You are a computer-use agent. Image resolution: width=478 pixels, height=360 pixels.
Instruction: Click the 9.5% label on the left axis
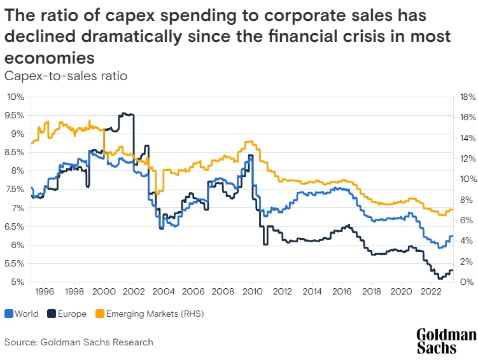[x=15, y=115]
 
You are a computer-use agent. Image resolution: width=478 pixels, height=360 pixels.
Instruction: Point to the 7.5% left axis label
[x=15, y=190]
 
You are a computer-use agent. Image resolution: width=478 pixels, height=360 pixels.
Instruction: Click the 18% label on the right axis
[x=464, y=97]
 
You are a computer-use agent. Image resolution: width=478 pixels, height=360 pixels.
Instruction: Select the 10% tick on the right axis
[x=464, y=179]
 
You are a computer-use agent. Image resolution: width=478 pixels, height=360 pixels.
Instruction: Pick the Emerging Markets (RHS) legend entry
[x=143, y=314]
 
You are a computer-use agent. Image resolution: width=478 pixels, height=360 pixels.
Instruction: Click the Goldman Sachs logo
[x=446, y=341]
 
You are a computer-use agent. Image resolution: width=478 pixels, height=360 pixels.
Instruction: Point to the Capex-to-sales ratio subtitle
[x=66, y=76]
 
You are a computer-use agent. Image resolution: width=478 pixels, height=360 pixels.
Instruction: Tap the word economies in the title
[x=50, y=57]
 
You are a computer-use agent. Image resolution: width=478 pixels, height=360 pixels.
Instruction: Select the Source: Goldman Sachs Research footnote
[x=79, y=342]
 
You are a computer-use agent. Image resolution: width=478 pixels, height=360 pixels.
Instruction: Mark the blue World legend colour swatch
[x=8, y=314]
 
